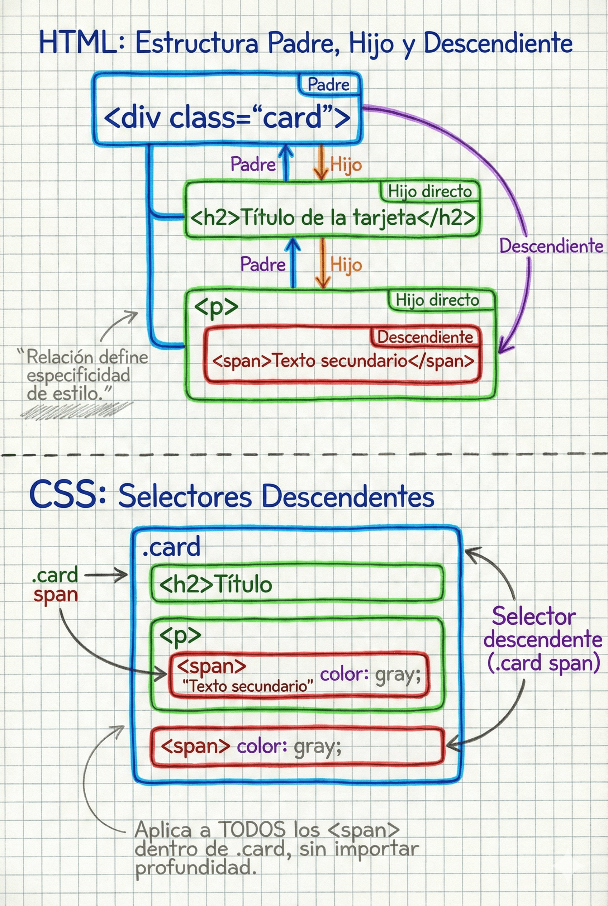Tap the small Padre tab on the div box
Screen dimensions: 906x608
(328, 85)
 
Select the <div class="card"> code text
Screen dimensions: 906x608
(227, 118)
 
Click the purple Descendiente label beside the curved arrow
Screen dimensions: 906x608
(551, 246)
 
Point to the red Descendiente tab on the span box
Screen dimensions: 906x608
(425, 337)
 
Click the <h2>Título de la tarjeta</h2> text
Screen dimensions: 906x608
(333, 218)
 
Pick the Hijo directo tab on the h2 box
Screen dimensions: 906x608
(429, 191)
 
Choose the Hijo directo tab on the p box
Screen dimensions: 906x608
(437, 300)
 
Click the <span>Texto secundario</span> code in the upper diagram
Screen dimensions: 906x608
(343, 361)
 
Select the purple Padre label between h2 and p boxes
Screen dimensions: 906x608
(262, 264)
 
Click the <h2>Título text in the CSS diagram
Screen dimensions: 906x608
(215, 584)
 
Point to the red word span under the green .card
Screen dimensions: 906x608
(56, 595)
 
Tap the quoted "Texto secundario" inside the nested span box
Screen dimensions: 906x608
(247, 686)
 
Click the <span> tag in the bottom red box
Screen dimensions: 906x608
(195, 746)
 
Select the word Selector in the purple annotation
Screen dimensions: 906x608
(533, 616)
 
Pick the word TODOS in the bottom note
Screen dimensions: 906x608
(252, 830)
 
